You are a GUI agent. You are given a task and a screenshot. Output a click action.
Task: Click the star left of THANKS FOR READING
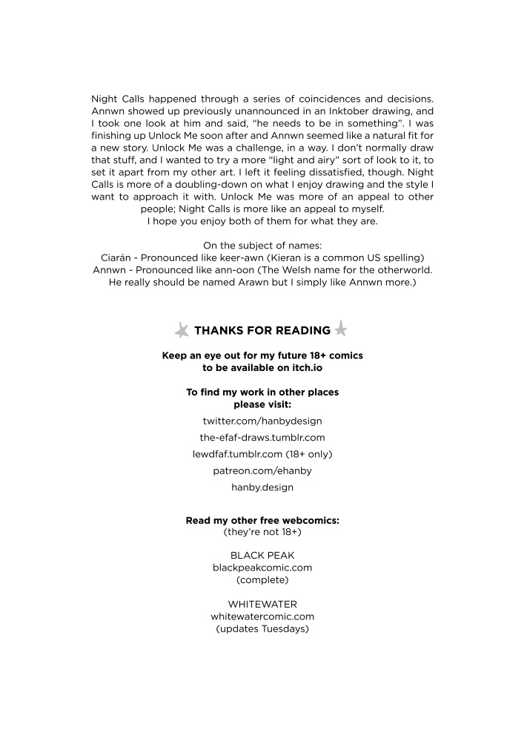pos(182,330)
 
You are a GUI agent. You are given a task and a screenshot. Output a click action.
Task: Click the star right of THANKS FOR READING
pos(341,328)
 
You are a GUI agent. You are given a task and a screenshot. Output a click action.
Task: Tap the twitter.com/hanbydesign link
pos(262,421)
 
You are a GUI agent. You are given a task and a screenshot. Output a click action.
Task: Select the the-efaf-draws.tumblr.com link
pos(262,438)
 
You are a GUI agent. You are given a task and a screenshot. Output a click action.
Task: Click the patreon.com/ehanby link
pos(262,470)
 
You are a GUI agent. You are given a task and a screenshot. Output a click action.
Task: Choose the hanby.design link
pos(262,487)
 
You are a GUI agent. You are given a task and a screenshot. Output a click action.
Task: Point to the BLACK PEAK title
pos(262,554)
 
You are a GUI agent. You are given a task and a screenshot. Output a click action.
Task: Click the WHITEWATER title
pos(262,604)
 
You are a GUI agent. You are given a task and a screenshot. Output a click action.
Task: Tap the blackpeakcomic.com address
pos(262,567)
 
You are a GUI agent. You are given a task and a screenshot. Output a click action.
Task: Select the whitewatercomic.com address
pos(262,617)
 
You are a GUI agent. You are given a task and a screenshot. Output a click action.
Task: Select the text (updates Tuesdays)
pos(262,629)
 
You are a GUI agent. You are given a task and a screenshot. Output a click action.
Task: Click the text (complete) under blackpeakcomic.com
pos(262,580)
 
